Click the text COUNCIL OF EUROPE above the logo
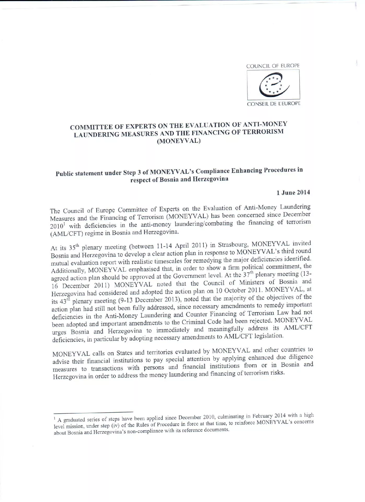pos(273,66)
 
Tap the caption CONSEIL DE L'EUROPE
pos(273,104)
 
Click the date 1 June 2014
pos(293,193)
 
